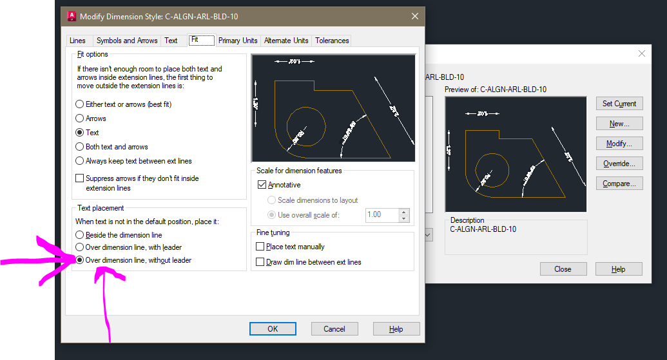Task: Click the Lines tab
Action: point(77,41)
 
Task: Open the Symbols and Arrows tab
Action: point(127,41)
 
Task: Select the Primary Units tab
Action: point(238,41)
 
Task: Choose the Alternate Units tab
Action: point(286,41)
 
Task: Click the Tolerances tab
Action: point(332,41)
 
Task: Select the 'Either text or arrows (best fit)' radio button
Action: point(80,104)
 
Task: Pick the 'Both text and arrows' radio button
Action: point(80,147)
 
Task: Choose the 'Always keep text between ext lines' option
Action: point(80,161)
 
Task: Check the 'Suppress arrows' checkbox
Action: point(80,178)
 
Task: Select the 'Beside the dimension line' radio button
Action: point(80,235)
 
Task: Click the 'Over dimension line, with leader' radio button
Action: point(80,247)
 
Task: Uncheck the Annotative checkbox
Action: point(262,185)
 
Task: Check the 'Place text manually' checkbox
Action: point(260,247)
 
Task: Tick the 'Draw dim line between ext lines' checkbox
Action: point(260,262)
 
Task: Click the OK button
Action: point(273,329)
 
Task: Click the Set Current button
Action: point(619,104)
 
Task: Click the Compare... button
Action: point(619,184)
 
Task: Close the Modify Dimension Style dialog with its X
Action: point(415,16)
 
